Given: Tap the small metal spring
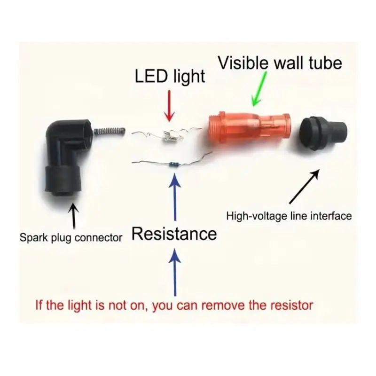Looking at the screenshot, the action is click(x=110, y=132).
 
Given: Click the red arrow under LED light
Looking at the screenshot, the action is click(x=170, y=106).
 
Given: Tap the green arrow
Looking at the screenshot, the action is click(x=258, y=89).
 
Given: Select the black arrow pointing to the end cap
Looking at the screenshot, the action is click(x=304, y=187).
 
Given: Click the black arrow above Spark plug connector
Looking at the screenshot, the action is click(x=74, y=216).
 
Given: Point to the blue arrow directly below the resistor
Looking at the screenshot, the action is click(x=175, y=196).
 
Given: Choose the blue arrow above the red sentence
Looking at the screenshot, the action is click(x=175, y=272).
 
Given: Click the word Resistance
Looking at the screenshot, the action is click(x=174, y=234).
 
